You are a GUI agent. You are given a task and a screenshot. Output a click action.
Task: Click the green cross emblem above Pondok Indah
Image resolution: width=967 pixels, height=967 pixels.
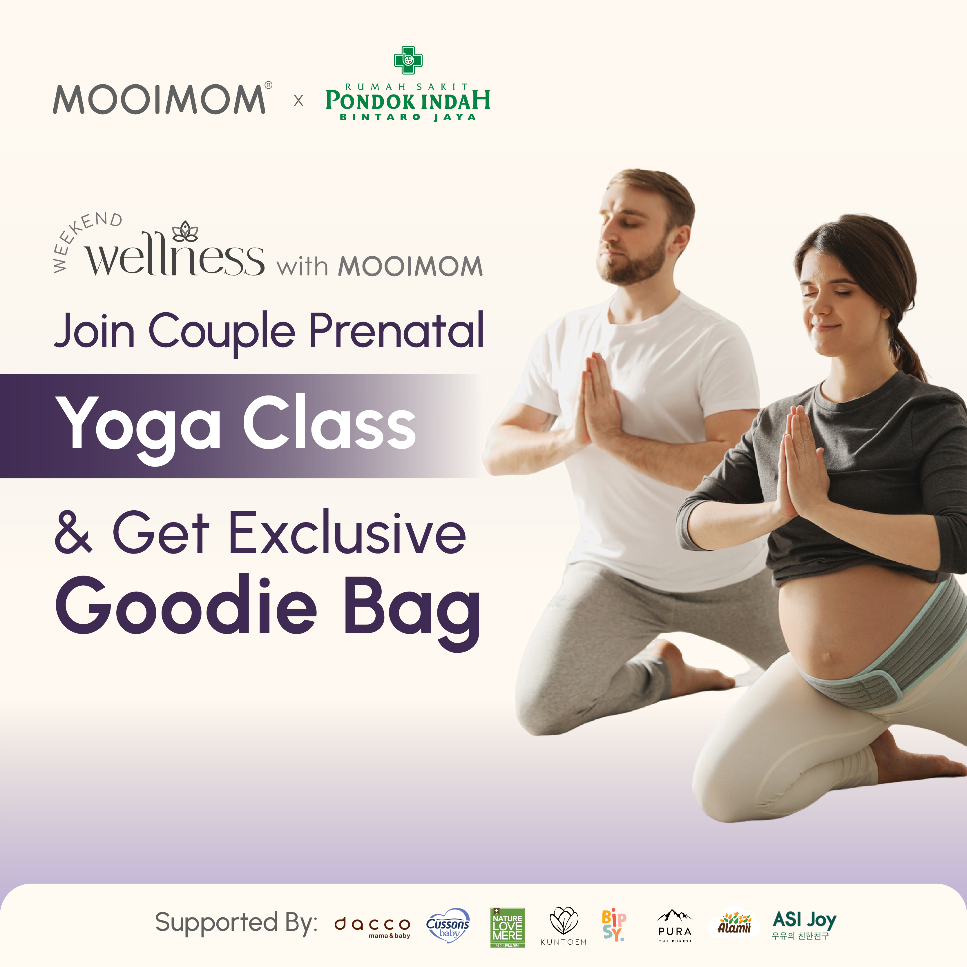(408, 59)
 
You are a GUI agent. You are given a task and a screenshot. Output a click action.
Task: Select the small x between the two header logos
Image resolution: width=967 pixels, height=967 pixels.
(298, 101)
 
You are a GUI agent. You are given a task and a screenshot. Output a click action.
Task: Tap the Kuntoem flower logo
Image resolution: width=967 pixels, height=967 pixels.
(563, 926)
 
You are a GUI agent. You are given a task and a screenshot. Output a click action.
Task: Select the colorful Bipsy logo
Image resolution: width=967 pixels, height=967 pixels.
(614, 926)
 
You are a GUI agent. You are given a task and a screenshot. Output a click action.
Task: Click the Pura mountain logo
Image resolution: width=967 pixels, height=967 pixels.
(675, 926)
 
